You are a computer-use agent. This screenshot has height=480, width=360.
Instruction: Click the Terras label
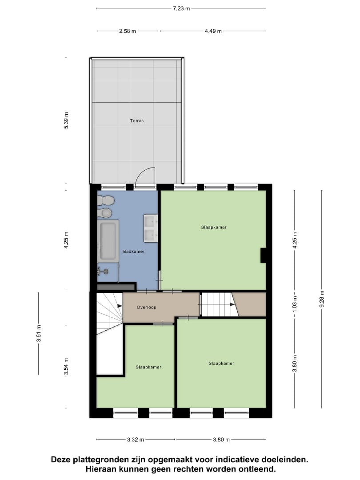point(137,120)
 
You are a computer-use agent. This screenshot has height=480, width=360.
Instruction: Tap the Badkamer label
point(134,252)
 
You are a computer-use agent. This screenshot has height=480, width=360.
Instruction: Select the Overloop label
point(146,307)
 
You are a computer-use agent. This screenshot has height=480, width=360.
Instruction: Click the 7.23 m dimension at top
point(181,8)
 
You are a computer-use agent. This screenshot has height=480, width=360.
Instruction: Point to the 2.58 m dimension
point(128,31)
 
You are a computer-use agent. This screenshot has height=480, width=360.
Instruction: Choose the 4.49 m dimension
point(213,31)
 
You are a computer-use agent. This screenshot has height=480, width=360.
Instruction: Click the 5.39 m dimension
point(66,120)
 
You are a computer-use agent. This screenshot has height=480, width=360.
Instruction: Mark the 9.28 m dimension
point(322,299)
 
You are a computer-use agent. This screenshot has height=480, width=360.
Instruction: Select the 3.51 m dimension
point(39,333)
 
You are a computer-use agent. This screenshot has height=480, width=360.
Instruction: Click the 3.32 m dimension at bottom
point(136,440)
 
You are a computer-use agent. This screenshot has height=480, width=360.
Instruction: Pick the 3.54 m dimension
point(66,366)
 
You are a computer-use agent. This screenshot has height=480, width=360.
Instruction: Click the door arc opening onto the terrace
point(144,176)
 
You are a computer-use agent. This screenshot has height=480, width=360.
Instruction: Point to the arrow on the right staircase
point(232,304)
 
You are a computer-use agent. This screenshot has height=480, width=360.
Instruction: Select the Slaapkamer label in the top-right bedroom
point(214,227)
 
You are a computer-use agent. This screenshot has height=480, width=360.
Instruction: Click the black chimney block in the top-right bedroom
point(263,255)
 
